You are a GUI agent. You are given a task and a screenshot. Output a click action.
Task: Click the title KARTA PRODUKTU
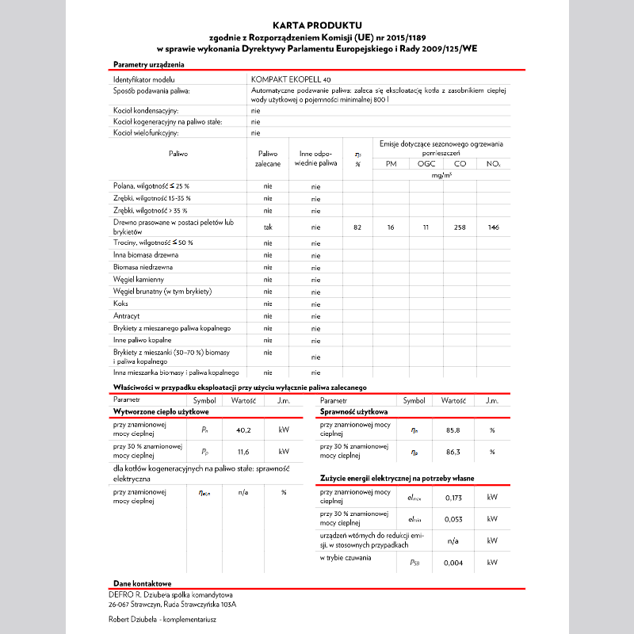316,25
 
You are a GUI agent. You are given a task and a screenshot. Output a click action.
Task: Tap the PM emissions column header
391,163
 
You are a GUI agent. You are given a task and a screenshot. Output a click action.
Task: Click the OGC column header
426,163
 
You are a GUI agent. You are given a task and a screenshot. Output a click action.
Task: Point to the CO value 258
460,227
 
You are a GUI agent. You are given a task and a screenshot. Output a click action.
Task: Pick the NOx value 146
494,227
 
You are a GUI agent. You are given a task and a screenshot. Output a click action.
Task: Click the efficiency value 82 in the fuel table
357,227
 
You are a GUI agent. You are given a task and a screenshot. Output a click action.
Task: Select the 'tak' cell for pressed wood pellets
268,227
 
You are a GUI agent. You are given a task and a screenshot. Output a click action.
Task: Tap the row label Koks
121,304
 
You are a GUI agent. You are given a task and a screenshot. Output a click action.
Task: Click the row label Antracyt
127,315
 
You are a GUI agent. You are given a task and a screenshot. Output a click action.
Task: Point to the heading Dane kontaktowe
142,583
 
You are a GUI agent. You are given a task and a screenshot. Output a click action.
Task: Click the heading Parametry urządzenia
149,63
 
